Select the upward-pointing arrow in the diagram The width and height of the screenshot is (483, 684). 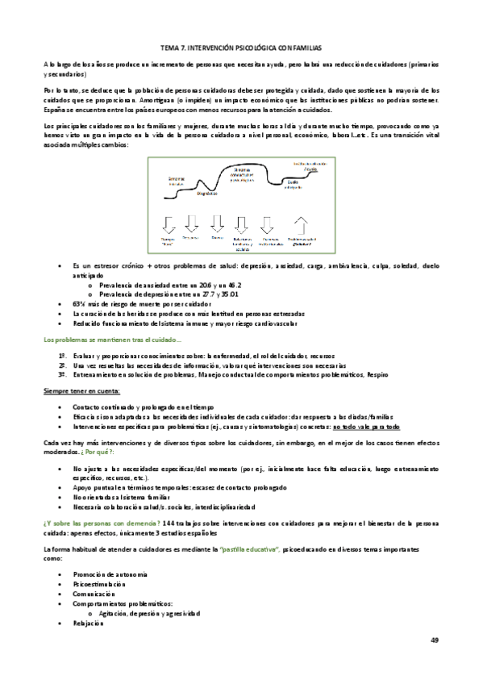(x=302, y=223)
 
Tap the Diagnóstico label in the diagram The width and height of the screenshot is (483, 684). (x=207, y=194)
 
